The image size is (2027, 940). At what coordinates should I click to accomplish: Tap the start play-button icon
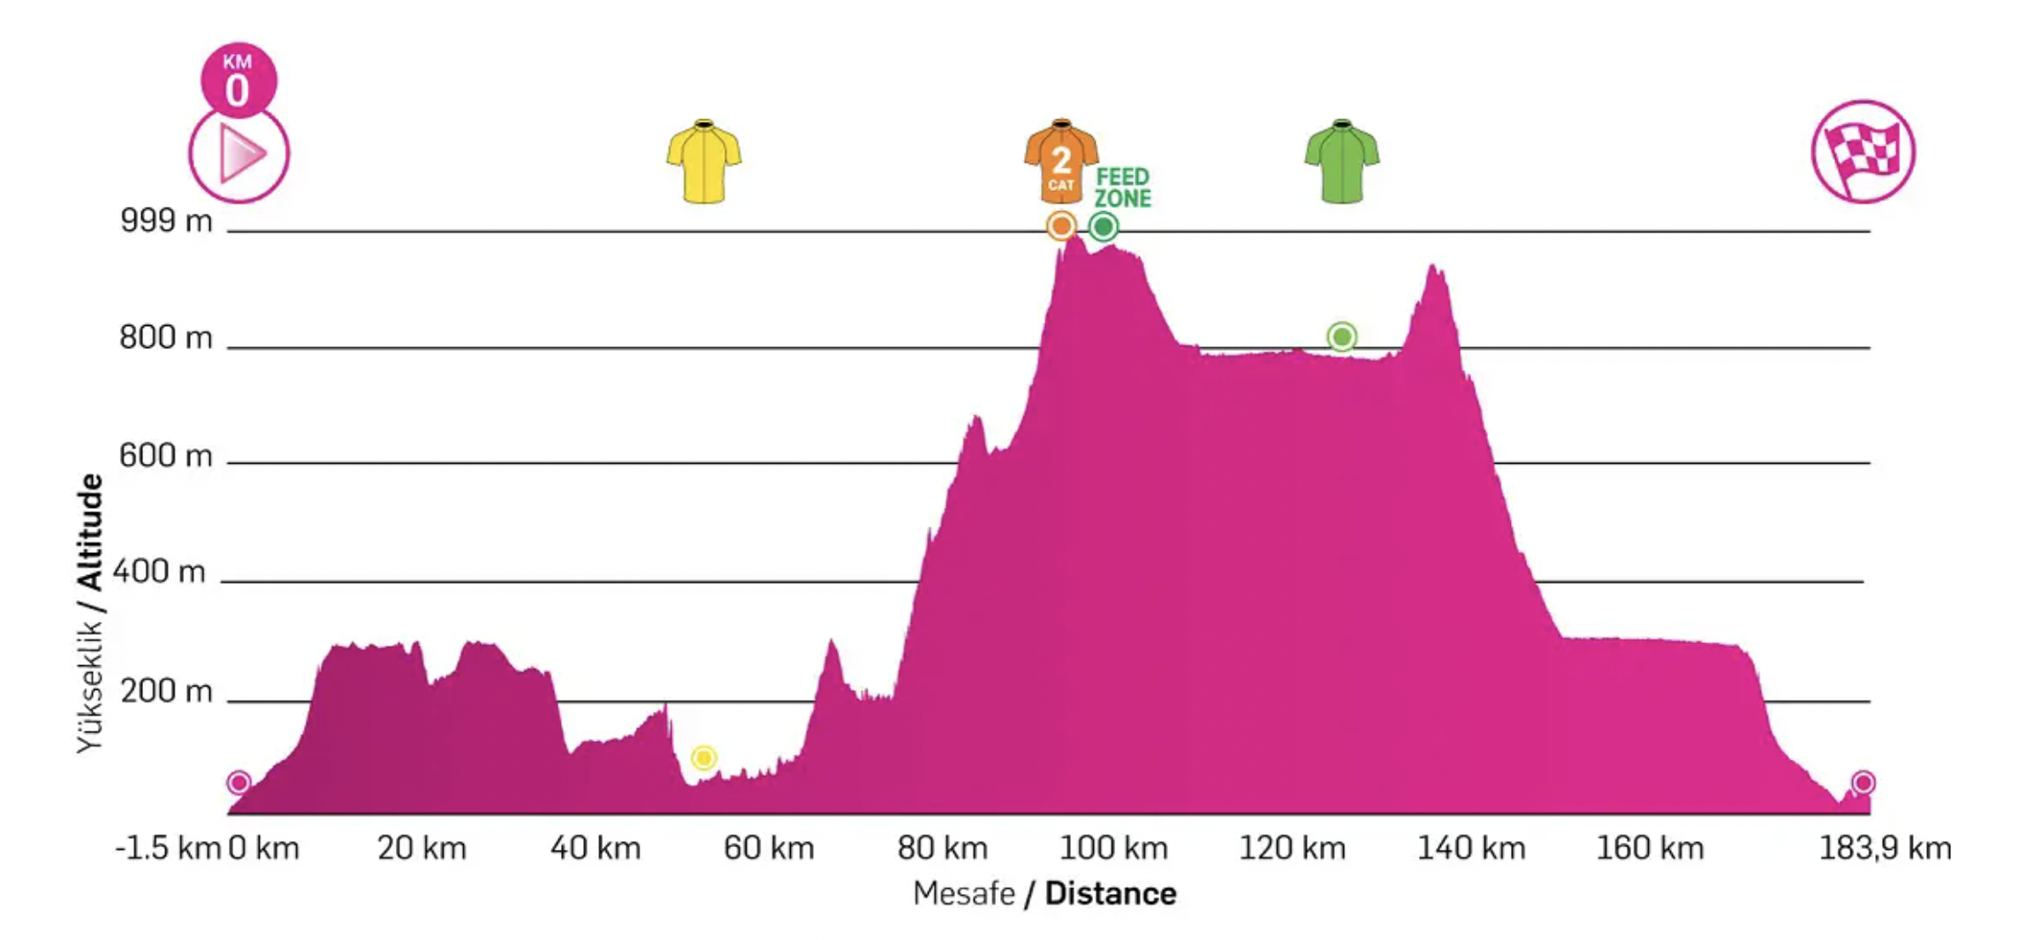pos(239,155)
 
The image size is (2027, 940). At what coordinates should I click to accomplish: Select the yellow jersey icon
pos(703,162)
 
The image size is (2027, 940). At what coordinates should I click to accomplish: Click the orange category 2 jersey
pos(1060,162)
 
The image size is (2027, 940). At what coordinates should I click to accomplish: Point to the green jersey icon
pos(1341,162)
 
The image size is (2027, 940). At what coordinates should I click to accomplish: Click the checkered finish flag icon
pos(1863,152)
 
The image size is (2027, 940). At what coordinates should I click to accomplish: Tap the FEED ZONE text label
pos(1122,187)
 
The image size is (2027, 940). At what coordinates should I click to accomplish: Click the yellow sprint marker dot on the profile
pos(703,757)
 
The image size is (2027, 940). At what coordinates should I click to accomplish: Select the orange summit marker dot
pos(1061,226)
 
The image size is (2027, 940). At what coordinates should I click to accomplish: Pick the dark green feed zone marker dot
pos(1103,227)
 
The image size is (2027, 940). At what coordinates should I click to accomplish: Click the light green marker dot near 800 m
pos(1341,337)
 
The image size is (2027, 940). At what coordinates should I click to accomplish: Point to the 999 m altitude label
pos(166,221)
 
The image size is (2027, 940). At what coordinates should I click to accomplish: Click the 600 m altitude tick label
pos(166,456)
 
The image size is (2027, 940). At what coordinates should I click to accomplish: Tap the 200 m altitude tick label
pos(166,691)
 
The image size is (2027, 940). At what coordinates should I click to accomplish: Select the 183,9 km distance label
pos(1885,848)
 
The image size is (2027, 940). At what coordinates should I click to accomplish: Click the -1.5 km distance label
pos(167,848)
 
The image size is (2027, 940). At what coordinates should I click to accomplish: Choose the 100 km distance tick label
pos(1113,848)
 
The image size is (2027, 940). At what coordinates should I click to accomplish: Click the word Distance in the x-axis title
pos(1110,894)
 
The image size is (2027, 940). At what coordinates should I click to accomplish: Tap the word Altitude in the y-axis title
pos(90,532)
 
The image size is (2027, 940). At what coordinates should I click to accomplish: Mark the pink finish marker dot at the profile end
pos(1864,782)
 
